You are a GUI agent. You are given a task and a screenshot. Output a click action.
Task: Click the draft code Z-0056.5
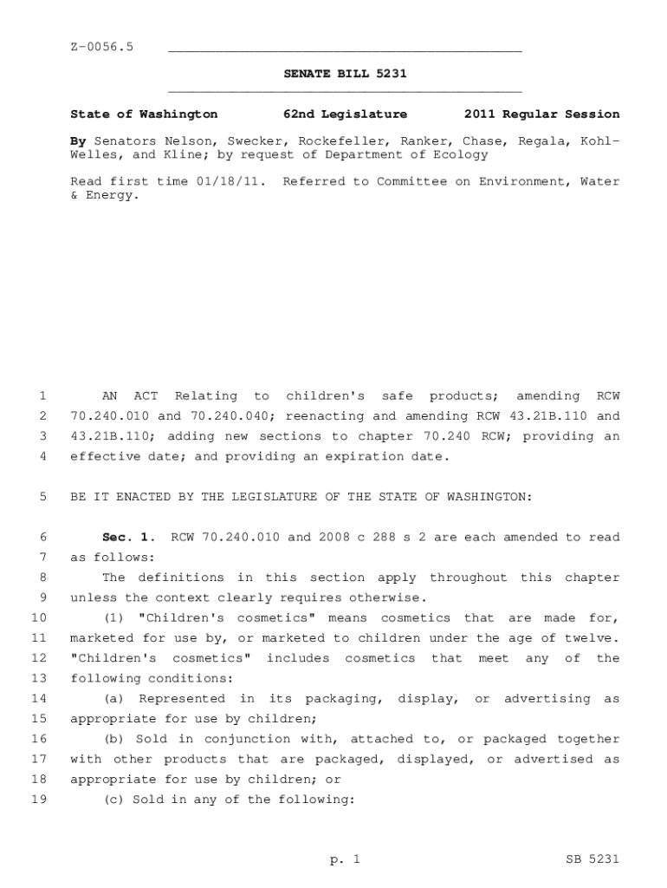tap(101, 46)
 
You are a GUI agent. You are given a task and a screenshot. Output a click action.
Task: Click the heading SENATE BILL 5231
tap(345, 74)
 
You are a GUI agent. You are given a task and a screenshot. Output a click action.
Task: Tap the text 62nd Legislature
tap(345, 114)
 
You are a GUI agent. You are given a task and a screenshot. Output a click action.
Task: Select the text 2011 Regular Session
tap(541, 114)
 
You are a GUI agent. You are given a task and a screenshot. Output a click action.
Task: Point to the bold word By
tap(78, 140)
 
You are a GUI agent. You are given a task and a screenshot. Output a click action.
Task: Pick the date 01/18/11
tap(232, 181)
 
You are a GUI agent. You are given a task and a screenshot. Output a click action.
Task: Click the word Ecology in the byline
tap(463, 154)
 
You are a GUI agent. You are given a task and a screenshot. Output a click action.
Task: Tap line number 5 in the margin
tap(42, 497)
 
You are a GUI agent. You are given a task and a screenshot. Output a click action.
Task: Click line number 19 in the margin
tap(38, 800)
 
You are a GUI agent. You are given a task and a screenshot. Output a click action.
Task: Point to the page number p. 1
tap(344, 859)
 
